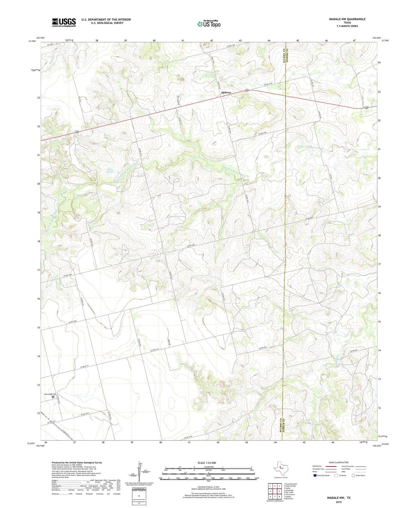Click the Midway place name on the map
(x=226, y=92)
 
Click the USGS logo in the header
(x=64, y=22)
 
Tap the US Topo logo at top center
(x=209, y=24)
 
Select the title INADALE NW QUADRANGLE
(x=347, y=19)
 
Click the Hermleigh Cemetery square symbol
(x=53, y=397)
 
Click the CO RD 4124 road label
(x=87, y=414)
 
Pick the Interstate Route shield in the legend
(x=315, y=475)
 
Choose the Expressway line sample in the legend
(x=331, y=466)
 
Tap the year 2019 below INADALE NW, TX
(x=339, y=502)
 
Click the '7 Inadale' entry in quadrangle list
(x=289, y=497)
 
